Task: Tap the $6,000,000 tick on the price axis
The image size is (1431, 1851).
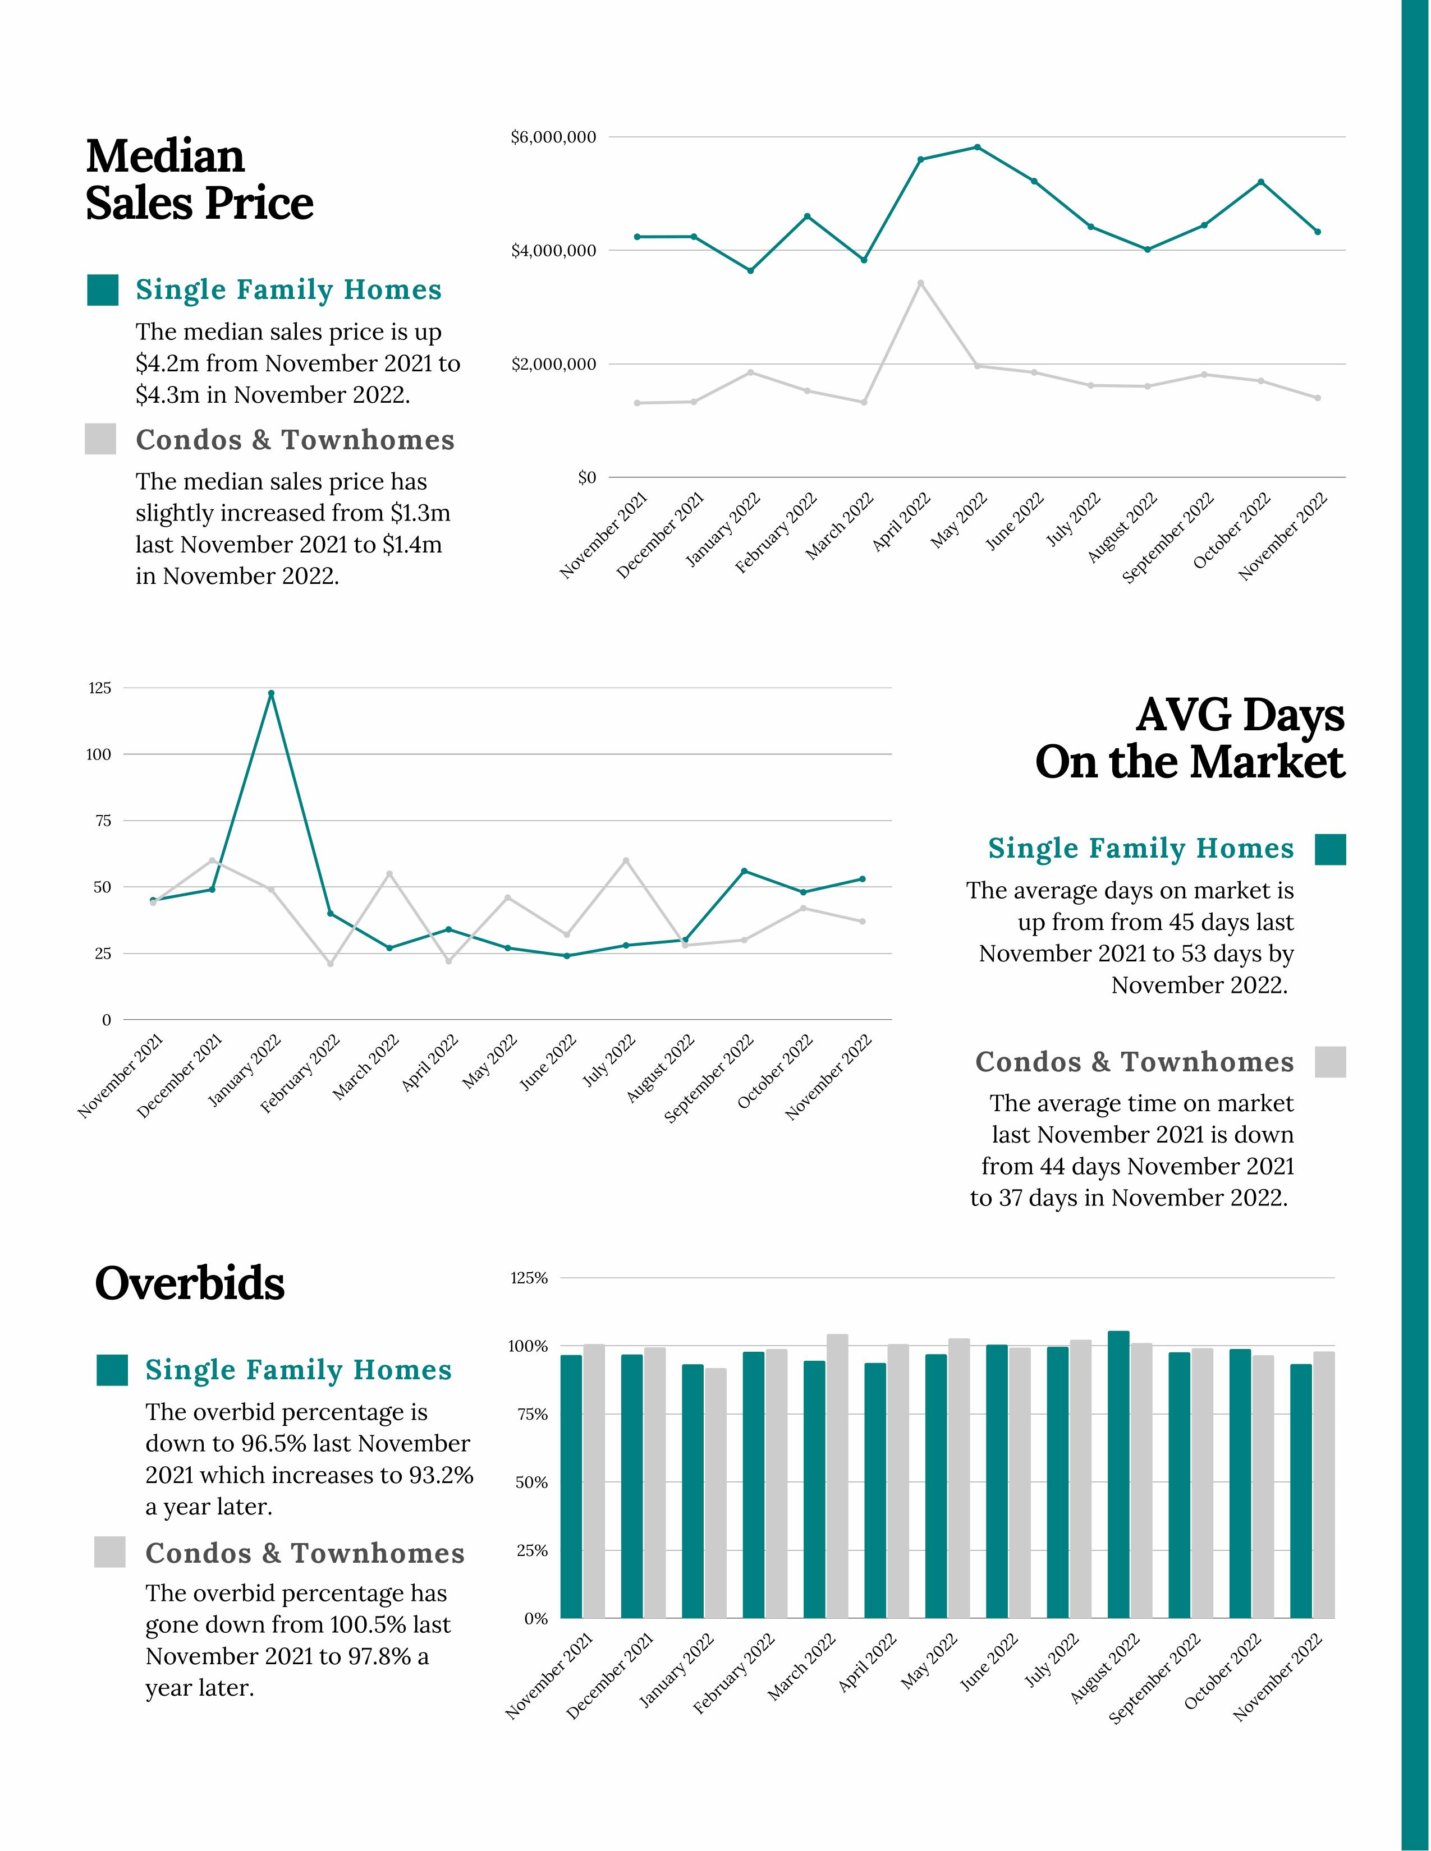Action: click(x=553, y=137)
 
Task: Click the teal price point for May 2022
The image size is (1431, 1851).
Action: click(x=978, y=148)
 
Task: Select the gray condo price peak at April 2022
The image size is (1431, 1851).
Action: click(x=921, y=283)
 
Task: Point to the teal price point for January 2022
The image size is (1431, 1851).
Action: click(x=750, y=270)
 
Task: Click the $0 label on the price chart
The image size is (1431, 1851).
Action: click(x=586, y=478)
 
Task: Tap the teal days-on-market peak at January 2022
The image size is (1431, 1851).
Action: click(x=271, y=693)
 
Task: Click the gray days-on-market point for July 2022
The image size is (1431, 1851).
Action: click(x=626, y=860)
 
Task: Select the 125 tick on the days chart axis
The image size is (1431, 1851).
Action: click(x=100, y=688)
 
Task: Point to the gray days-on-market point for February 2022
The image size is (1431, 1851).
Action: click(x=331, y=964)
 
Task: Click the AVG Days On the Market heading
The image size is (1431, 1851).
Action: click(x=1189, y=738)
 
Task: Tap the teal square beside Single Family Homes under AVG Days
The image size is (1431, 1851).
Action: click(x=1330, y=849)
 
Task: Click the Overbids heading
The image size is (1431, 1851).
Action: click(x=190, y=1283)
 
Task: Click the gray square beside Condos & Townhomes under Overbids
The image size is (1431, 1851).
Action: click(x=110, y=1552)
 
